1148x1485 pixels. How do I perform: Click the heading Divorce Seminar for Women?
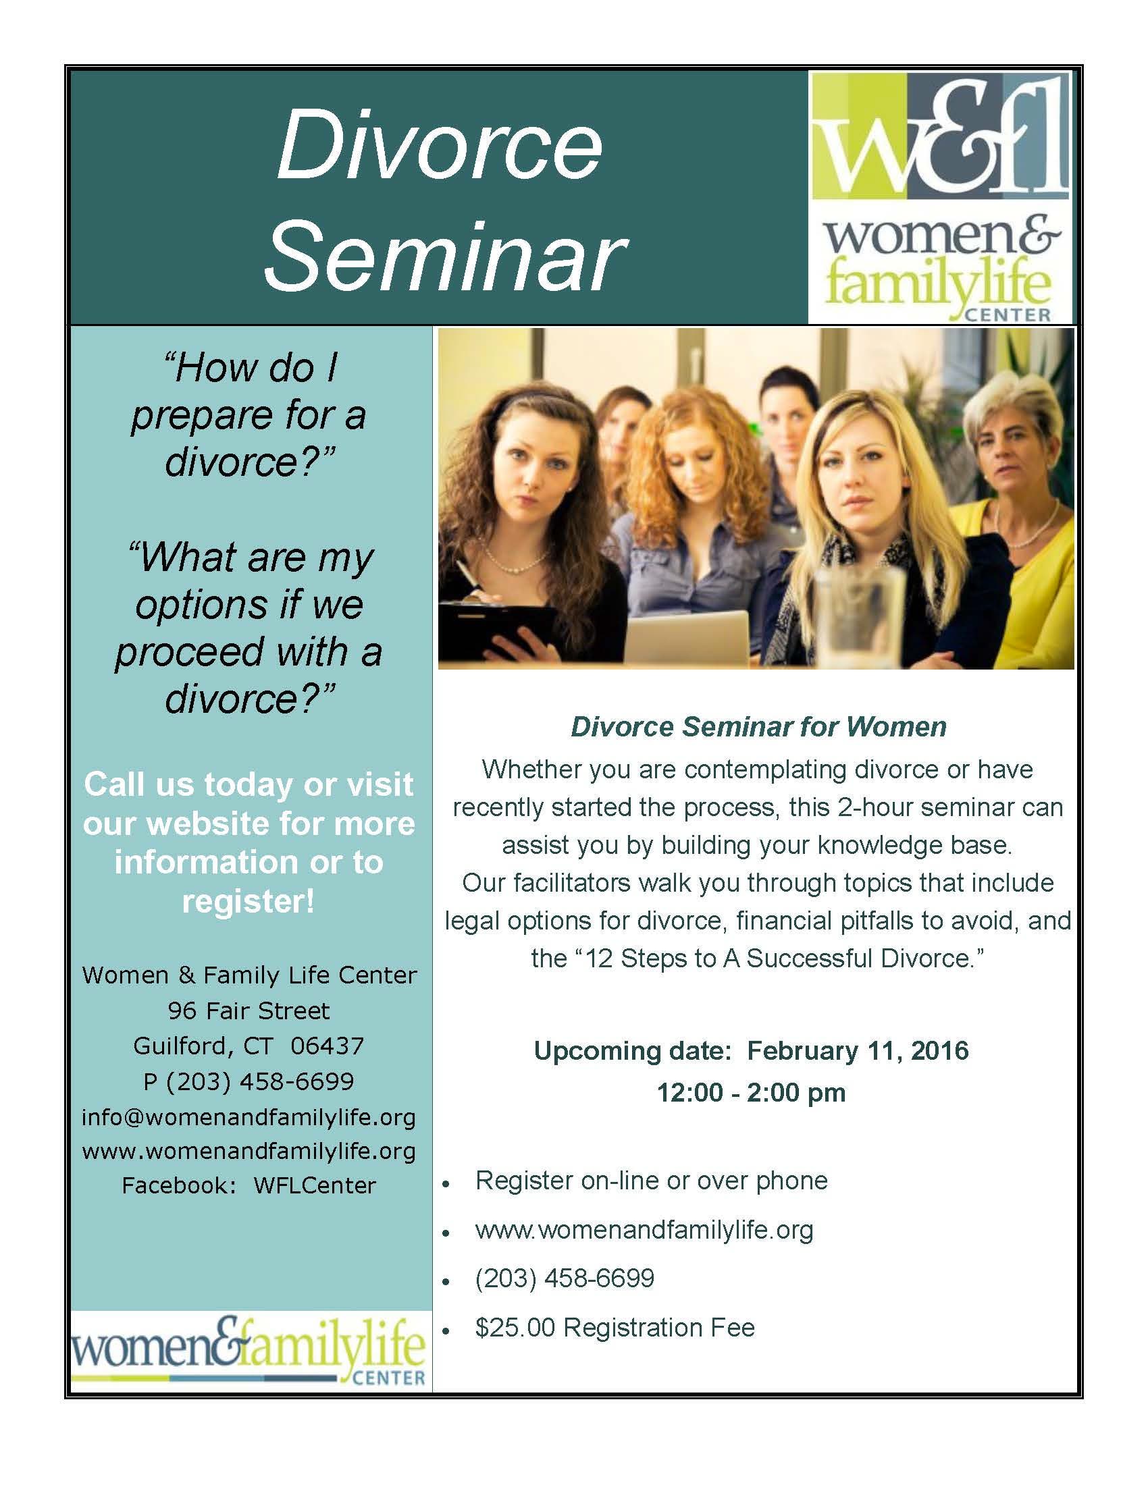[758, 727]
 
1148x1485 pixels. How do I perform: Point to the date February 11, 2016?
[858, 1050]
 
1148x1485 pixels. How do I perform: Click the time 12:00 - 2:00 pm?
[751, 1092]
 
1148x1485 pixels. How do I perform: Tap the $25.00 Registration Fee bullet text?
[615, 1327]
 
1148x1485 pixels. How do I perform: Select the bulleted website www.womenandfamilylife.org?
[644, 1229]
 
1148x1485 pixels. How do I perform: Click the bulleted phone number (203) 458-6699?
[565, 1278]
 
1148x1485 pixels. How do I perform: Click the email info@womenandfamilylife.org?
[249, 1116]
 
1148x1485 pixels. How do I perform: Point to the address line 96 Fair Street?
[249, 1010]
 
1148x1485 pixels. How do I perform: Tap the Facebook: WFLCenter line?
[249, 1185]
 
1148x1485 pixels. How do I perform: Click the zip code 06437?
[327, 1045]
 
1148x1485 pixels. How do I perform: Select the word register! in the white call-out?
[249, 901]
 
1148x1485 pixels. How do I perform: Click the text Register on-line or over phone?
[652, 1181]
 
